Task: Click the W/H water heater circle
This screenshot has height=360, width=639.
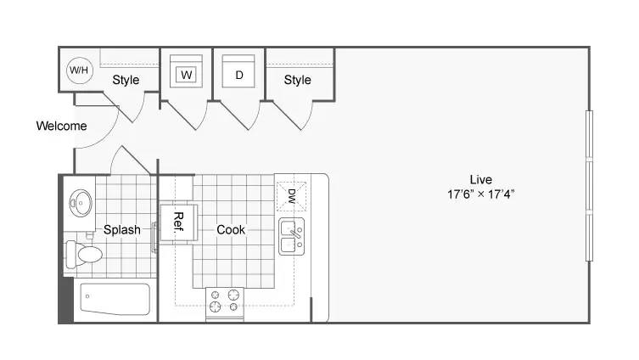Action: click(80, 70)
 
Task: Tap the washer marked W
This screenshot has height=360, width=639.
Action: click(186, 71)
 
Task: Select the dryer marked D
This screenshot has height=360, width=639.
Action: click(238, 71)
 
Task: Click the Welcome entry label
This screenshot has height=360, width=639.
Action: click(62, 126)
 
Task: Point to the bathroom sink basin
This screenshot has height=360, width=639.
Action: click(81, 203)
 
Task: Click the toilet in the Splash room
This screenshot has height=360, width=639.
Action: click(84, 254)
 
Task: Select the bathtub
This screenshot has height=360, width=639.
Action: click(115, 299)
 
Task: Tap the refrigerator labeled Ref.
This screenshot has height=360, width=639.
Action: click(178, 222)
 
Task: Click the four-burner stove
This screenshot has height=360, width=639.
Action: click(225, 304)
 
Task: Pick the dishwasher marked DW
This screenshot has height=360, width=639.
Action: click(291, 196)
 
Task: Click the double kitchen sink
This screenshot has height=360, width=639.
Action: click(291, 237)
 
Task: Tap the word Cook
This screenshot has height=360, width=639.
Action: click(231, 229)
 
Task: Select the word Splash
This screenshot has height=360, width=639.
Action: click(122, 229)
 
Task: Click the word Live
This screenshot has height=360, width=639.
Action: click(481, 179)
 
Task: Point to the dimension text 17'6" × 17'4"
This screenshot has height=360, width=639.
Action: click(481, 194)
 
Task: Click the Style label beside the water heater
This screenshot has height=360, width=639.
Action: click(126, 80)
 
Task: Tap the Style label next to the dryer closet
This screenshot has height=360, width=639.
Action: click(298, 80)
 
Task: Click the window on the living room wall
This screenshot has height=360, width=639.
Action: click(589, 185)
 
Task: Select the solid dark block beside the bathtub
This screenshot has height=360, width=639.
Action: click(66, 300)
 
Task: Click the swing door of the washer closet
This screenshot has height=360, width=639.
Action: click(182, 115)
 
